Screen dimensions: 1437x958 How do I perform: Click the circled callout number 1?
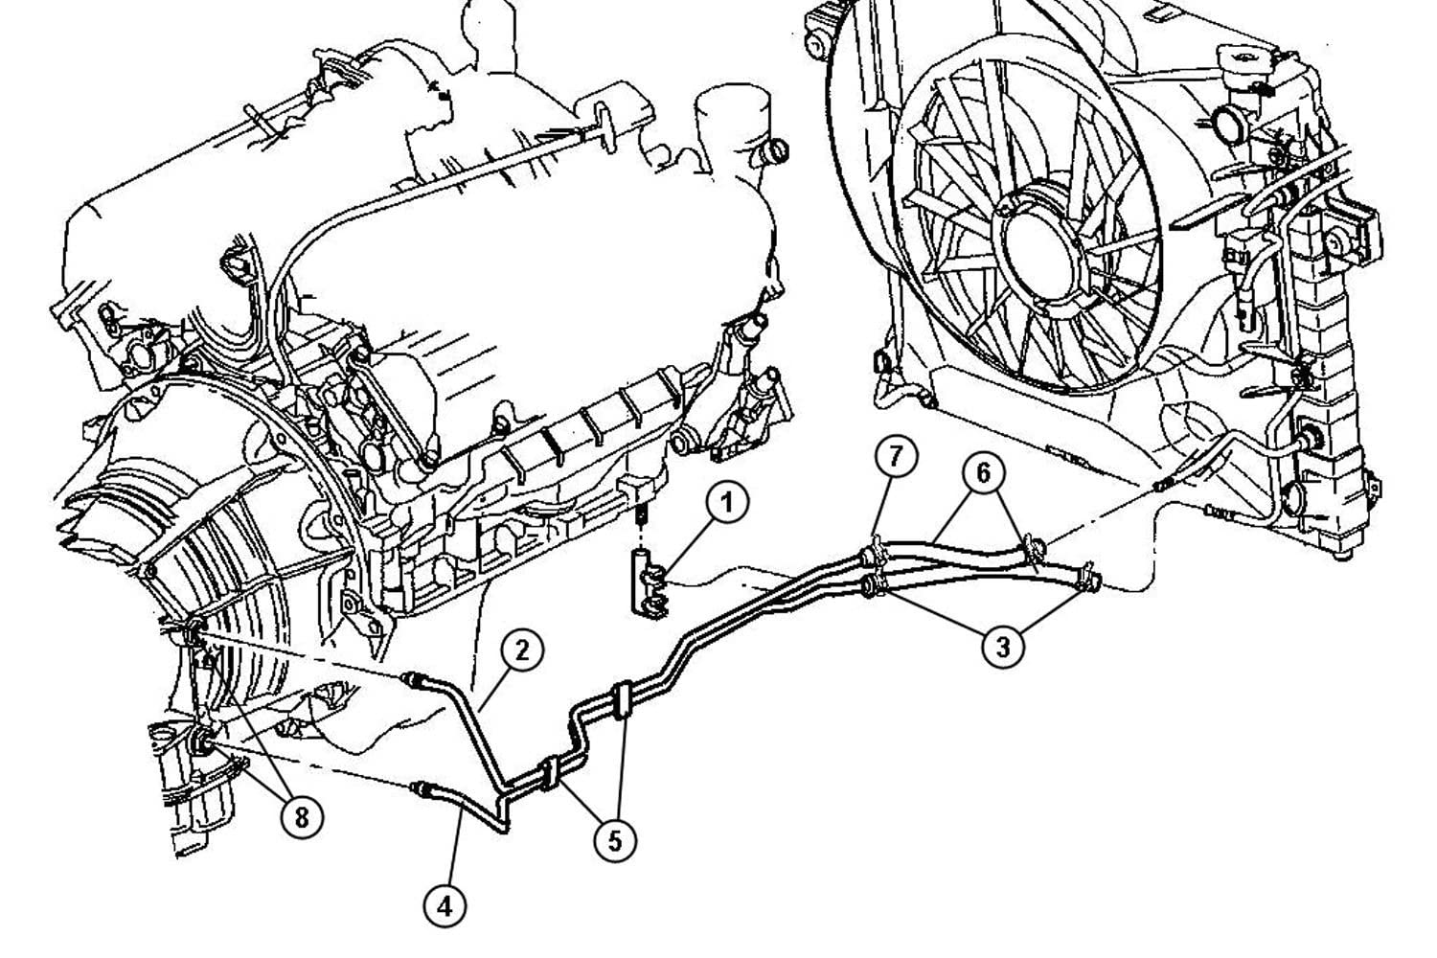click(x=727, y=502)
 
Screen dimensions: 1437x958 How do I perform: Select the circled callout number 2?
click(x=522, y=650)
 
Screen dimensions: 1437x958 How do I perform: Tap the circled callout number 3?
click(x=1003, y=646)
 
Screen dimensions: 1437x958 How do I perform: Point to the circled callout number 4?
click(x=445, y=906)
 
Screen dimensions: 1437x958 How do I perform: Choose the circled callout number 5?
click(x=615, y=840)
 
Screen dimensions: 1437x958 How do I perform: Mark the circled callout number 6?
click(x=984, y=473)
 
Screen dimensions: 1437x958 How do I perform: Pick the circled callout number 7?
click(x=896, y=456)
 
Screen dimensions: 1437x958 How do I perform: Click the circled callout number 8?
click(x=302, y=817)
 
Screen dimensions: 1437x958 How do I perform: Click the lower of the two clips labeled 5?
click(x=549, y=774)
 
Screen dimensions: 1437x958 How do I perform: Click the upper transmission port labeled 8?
click(x=194, y=634)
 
